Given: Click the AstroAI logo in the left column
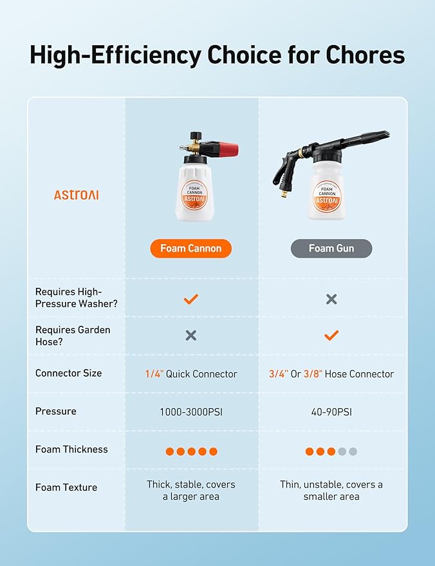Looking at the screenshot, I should point(76,194).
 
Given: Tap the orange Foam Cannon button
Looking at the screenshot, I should point(190,249).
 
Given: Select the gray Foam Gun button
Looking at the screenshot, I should point(331,249).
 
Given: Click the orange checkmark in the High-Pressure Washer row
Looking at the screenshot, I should point(190,299).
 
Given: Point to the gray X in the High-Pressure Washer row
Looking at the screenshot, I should point(331,299).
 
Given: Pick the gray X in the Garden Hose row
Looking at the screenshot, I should point(190,335).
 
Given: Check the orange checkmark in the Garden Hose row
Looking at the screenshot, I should point(331,335).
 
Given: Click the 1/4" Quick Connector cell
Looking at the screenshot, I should point(190,374).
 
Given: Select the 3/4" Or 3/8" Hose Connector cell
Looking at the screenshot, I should point(331,374).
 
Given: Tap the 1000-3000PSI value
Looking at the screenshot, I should point(190,412).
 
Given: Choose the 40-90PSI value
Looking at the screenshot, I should point(331,412).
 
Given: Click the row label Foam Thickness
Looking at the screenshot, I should point(71,449).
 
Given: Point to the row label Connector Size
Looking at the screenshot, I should point(68,373).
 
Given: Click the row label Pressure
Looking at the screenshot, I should point(55,411).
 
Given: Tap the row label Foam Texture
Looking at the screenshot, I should point(66,487).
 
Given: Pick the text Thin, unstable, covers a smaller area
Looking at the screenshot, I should point(331,491).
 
